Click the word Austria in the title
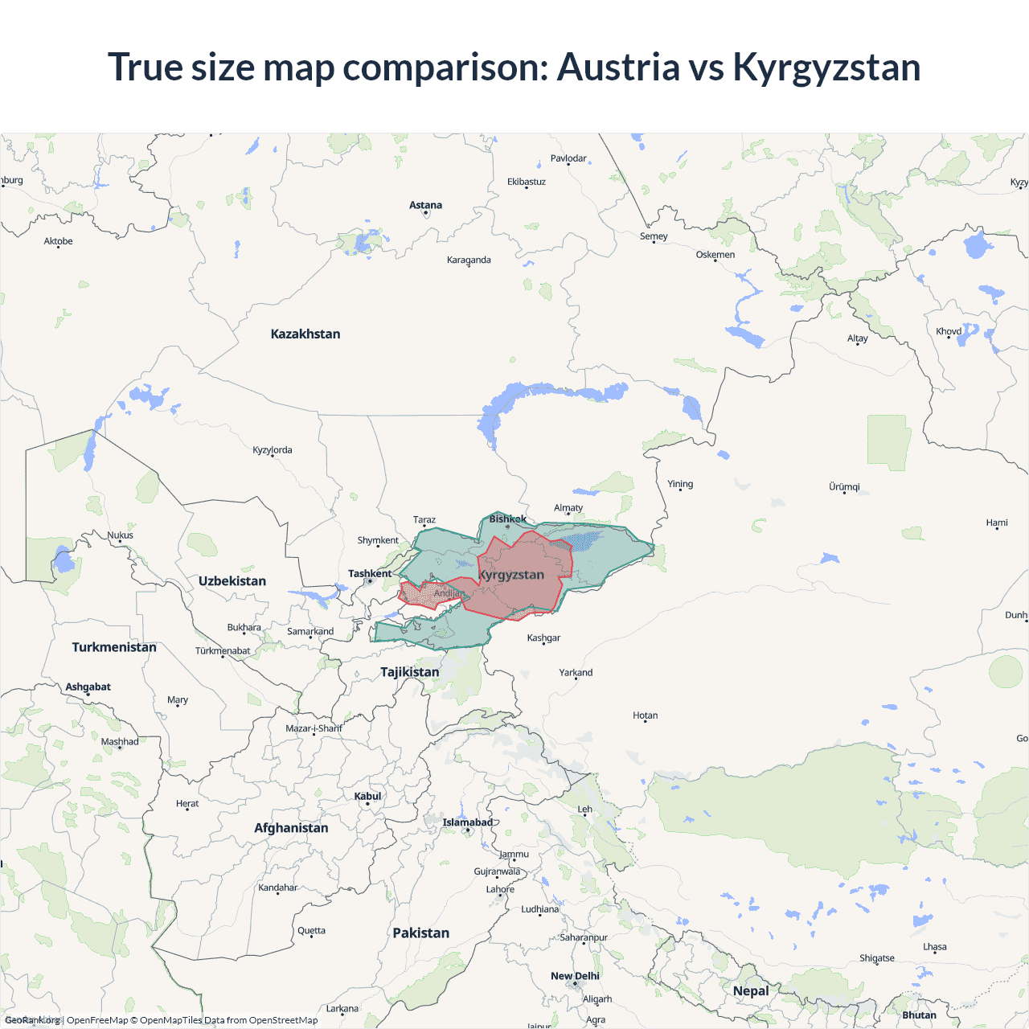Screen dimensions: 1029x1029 [x=618, y=68]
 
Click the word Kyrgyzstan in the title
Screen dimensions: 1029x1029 [x=826, y=68]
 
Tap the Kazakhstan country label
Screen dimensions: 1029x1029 [x=305, y=334]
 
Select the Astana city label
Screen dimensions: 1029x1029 [x=425, y=206]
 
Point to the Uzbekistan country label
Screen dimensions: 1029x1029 [x=232, y=581]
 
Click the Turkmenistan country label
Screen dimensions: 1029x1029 [x=114, y=647]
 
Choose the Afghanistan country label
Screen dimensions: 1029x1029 [x=291, y=828]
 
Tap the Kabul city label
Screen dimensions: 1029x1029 [x=367, y=797]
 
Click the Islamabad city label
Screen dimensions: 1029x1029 [x=468, y=822]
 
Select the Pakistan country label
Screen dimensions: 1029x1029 [x=420, y=933]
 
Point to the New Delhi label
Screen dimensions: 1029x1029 [x=575, y=976]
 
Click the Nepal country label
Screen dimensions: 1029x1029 [x=751, y=991]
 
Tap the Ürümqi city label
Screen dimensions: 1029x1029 [x=844, y=487]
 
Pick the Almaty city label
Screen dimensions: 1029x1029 [x=568, y=508]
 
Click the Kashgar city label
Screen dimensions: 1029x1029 [x=543, y=638]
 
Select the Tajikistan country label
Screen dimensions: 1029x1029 [x=409, y=672]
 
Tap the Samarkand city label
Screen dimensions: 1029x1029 [x=310, y=632]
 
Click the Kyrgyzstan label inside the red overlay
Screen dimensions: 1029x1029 [x=512, y=575]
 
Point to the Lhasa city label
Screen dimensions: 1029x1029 [x=934, y=947]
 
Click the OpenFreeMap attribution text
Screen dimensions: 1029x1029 [x=97, y=1020]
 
